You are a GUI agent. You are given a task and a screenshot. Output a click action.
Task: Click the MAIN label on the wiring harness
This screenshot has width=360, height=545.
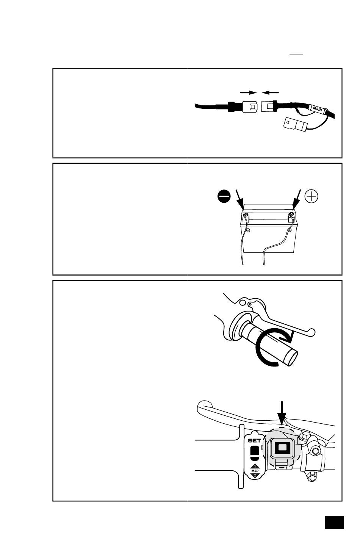tap(317, 109)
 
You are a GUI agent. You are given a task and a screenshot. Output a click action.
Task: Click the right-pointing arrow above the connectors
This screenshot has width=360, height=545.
tap(248, 92)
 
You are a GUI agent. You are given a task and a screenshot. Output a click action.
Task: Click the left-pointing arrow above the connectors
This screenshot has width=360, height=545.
tap(270, 92)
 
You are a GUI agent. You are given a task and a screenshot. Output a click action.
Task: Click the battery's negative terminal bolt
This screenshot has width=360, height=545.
tap(246, 215)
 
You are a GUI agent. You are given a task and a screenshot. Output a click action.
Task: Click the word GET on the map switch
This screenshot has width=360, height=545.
tap(254, 440)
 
